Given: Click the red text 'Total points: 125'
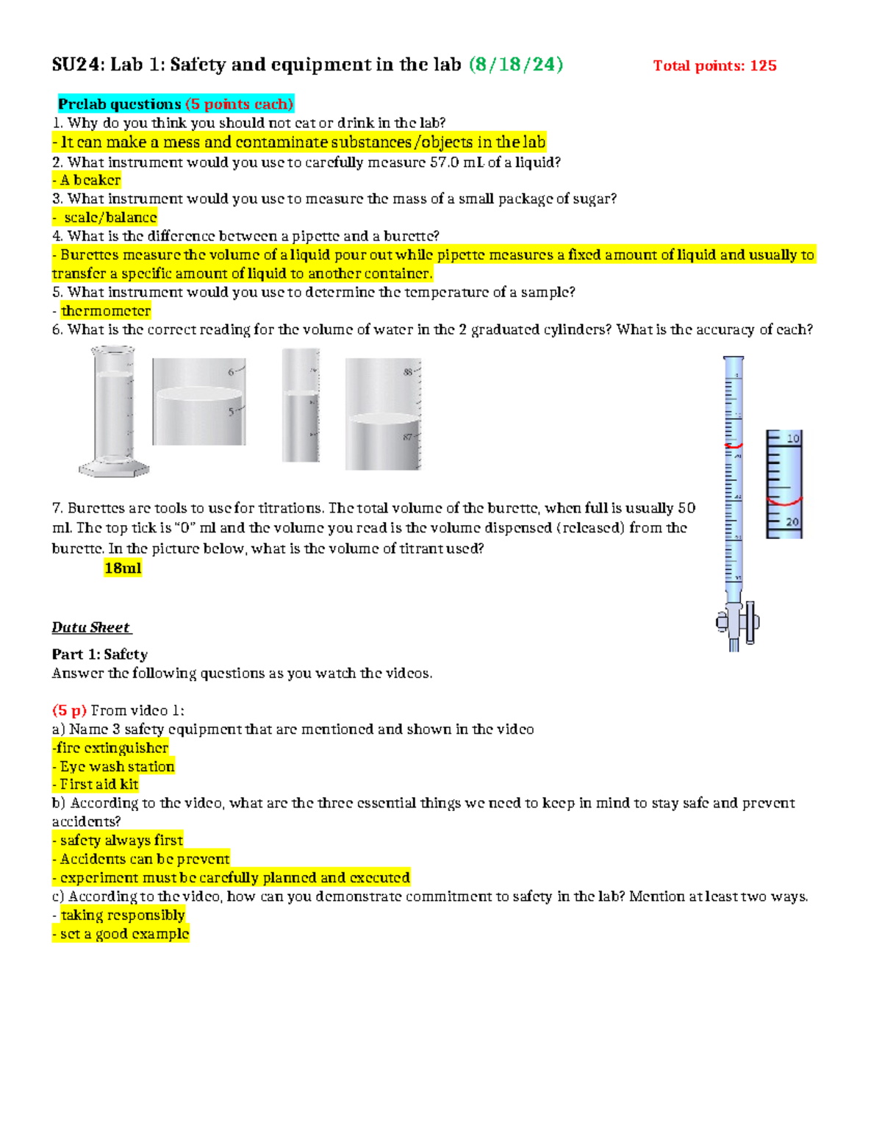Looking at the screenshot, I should tap(714, 65).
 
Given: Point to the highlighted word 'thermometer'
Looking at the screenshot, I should tap(105, 311).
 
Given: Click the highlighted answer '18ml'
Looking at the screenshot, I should tap(123, 568).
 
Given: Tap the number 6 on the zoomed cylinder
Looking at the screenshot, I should tap(232, 372).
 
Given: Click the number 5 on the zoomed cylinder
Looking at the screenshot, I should tap(232, 412).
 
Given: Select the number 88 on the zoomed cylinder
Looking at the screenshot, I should tap(408, 372).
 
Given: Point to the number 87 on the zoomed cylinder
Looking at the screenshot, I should tap(408, 438).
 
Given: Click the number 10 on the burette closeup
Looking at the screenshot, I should tap(793, 439).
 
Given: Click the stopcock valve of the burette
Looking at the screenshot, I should tap(737, 621).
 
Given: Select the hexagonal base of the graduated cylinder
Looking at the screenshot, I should tap(114, 468).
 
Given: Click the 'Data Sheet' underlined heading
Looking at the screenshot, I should tap(90, 627).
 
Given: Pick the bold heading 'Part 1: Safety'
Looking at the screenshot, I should tap(99, 654).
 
